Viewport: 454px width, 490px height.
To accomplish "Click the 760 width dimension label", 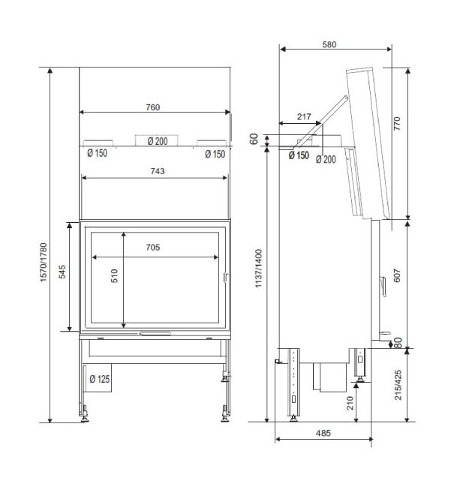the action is point(153,107).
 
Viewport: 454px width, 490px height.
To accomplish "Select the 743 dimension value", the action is point(158,171).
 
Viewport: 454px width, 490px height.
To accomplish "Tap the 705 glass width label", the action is point(153,247).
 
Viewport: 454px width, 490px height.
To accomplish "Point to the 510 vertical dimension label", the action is point(114,275).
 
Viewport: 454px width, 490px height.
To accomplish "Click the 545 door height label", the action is point(62,272).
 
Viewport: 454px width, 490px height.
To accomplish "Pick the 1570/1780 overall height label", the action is point(43,263).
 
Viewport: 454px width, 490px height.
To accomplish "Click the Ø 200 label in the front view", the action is point(158,141).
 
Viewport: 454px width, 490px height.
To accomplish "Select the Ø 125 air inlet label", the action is point(99,379).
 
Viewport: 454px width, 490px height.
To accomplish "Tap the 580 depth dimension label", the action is point(329,45).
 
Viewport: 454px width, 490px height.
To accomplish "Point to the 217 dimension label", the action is point(304,116).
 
